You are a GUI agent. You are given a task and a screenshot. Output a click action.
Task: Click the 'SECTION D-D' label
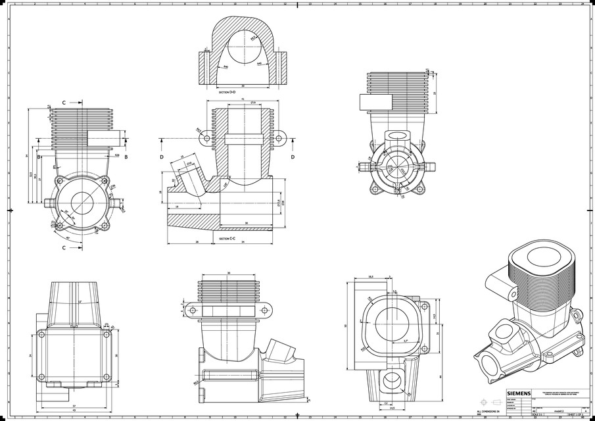227,93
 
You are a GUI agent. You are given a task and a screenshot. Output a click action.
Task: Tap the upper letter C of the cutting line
64,103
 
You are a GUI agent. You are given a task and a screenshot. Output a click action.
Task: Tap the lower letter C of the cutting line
64,248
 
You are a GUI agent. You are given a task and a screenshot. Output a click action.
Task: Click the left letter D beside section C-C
162,157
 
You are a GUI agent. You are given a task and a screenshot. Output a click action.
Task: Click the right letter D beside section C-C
293,157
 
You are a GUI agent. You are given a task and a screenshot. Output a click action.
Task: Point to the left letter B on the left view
39,157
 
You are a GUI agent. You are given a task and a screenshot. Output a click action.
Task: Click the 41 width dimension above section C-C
243,99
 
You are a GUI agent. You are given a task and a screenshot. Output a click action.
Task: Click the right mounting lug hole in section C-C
278,139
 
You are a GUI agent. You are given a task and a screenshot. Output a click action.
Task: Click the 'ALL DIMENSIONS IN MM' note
488,411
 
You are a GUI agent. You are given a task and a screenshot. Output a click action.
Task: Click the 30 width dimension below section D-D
243,86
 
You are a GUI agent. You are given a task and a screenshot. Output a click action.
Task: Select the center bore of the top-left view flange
82,203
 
